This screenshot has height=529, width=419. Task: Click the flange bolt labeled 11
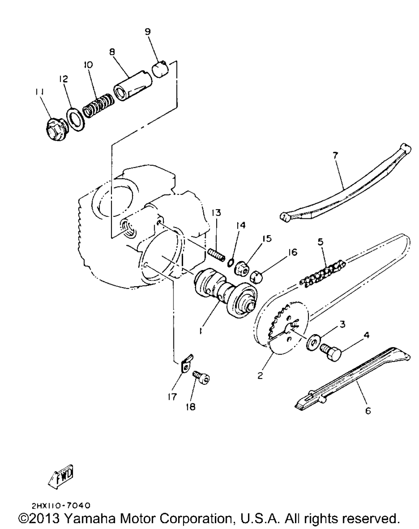pos(54,127)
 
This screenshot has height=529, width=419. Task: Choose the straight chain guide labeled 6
pos(352,377)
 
